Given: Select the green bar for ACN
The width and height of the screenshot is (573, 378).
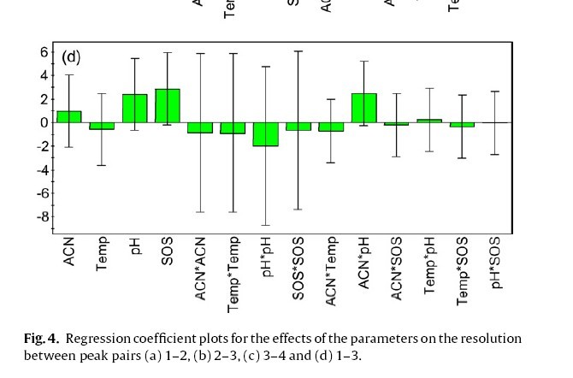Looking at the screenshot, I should (x=69, y=116).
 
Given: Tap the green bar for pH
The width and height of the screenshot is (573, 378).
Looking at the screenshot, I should (x=135, y=108).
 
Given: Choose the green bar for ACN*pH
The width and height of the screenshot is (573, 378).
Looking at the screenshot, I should (x=364, y=108).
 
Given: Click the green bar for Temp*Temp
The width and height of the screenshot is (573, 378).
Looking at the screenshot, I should (x=233, y=128).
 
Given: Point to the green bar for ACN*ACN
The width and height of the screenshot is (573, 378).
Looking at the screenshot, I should (x=200, y=127).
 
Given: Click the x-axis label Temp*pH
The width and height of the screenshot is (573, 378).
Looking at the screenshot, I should (x=430, y=262).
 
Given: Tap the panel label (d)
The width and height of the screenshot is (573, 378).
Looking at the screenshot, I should (x=71, y=58).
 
